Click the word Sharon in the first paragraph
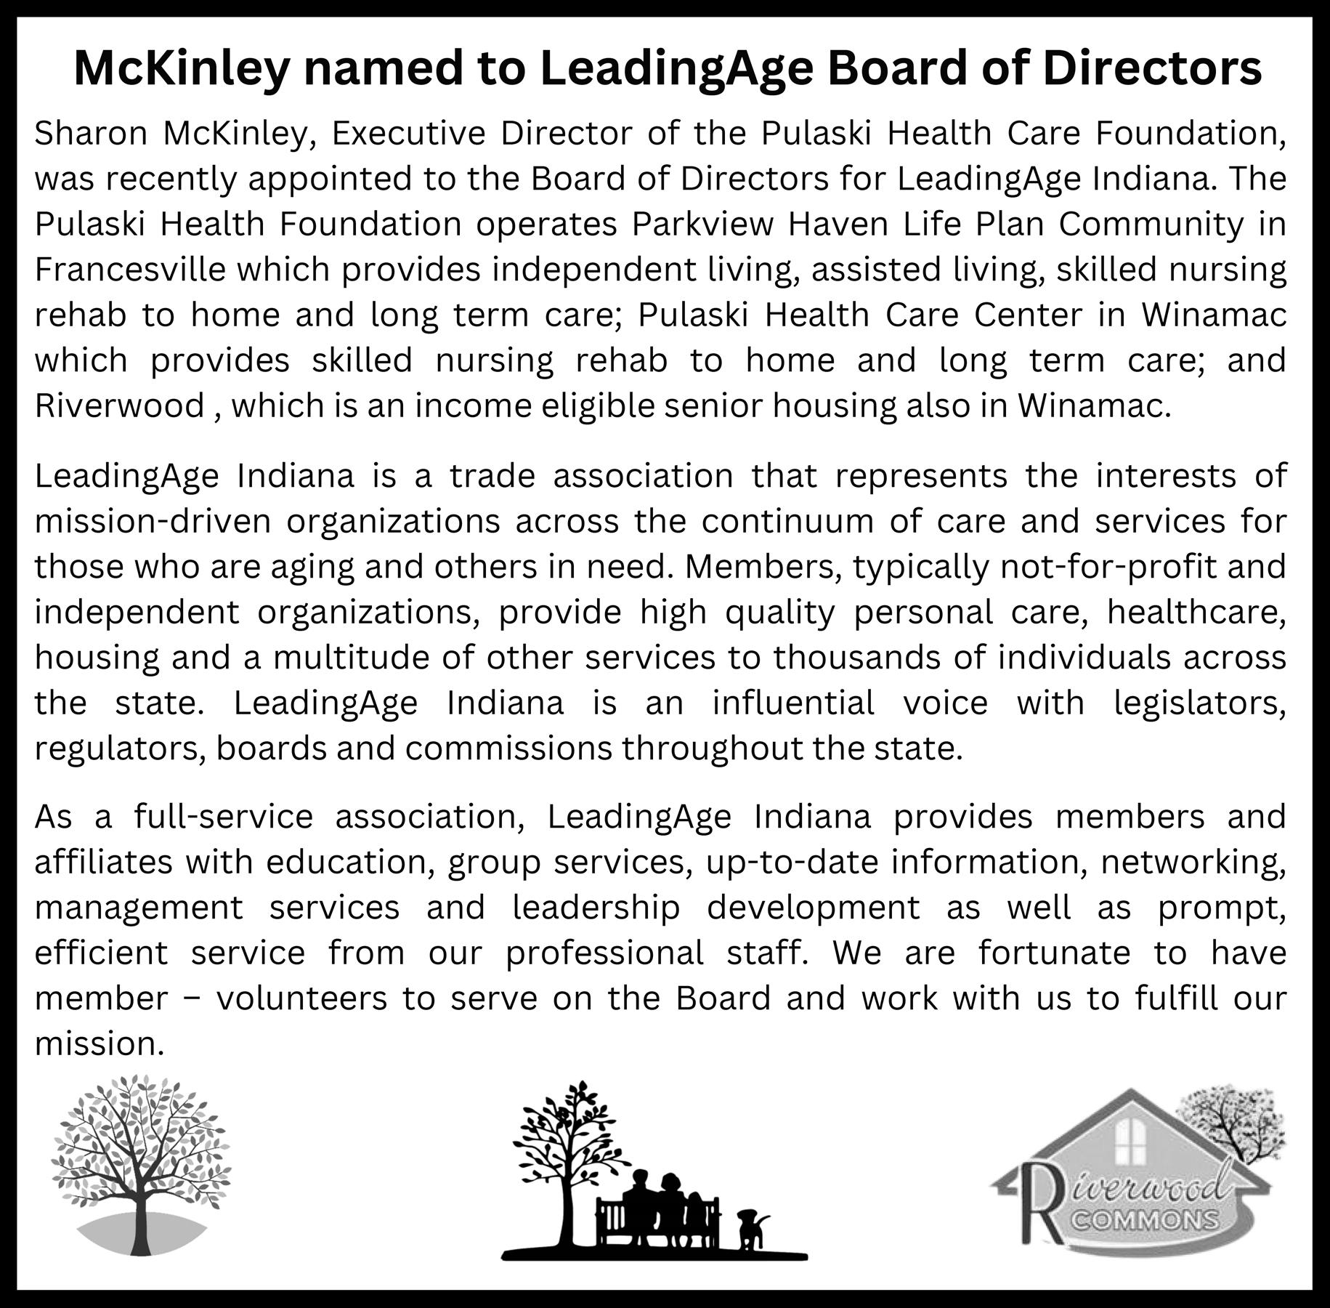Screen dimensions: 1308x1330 tap(91, 134)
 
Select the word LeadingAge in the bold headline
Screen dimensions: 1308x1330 tap(678, 69)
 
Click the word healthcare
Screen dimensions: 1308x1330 tap(1196, 613)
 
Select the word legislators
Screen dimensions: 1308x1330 tap(1199, 703)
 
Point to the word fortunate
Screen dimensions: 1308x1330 tap(1054, 953)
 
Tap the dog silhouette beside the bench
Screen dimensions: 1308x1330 tap(751, 1227)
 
